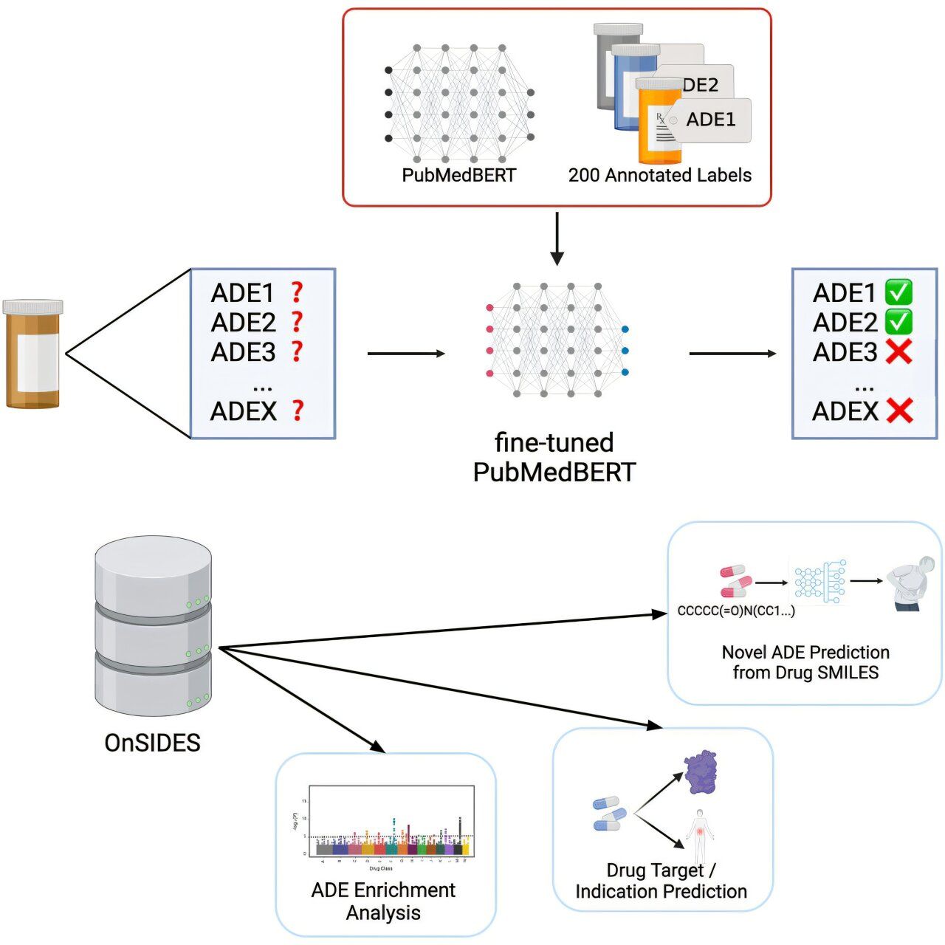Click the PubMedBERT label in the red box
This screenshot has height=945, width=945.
pos(458,176)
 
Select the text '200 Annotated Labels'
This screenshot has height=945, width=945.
pos(659,176)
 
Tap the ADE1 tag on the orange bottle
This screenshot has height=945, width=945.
pos(710,120)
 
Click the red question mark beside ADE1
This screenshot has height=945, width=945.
pos(297,292)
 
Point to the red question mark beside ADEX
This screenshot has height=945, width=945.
pos(298,410)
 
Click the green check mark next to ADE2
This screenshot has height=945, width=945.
pos(898,322)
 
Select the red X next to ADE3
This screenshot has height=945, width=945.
pos(898,352)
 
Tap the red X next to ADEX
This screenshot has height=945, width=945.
pos(899,410)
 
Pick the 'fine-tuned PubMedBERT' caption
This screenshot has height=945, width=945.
pos(554,457)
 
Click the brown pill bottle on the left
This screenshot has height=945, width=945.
pos(32,354)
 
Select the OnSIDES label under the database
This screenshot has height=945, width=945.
pos(153,743)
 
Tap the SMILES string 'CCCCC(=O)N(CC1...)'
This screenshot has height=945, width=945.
pos(736,611)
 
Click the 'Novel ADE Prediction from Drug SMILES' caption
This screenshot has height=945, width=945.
pos(805,662)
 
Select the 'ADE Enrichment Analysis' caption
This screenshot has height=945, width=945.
pos(383,901)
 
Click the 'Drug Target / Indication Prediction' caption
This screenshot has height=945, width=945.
pos(661,882)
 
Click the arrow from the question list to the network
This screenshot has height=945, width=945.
pos(406,354)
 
